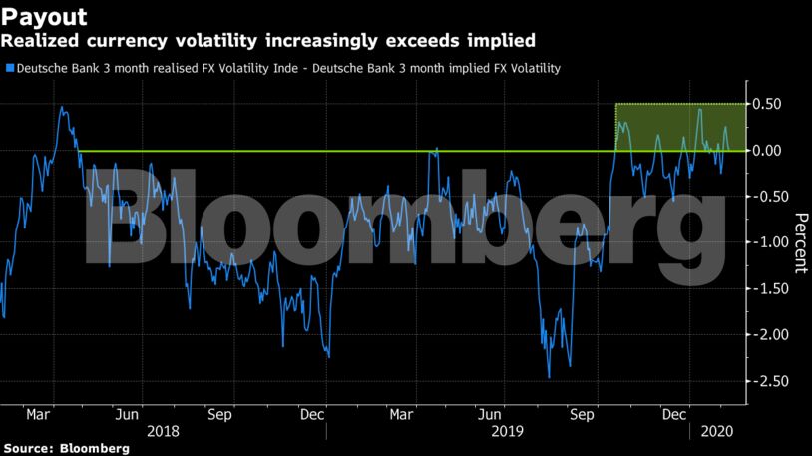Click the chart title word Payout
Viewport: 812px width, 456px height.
point(44,16)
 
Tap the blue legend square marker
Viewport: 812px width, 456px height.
point(9,69)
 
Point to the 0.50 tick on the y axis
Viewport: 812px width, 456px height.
point(768,104)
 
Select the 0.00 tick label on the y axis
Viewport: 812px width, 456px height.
point(768,151)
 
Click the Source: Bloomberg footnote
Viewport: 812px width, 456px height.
point(65,449)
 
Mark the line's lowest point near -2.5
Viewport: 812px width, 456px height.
point(549,377)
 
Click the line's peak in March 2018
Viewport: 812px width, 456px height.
point(62,107)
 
